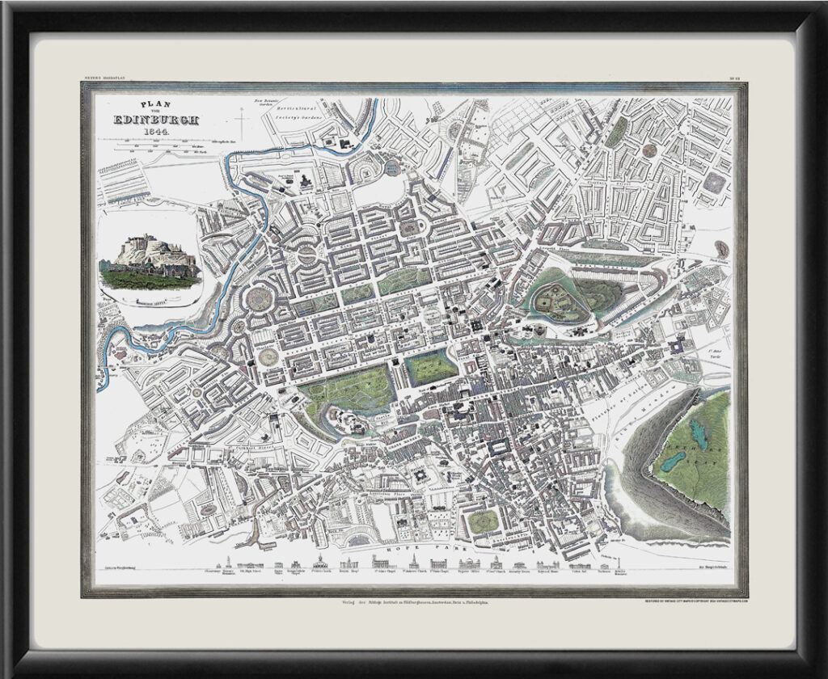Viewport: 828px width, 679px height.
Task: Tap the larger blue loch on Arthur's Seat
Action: (673, 462)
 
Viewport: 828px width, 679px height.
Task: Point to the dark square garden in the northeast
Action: (713, 183)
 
